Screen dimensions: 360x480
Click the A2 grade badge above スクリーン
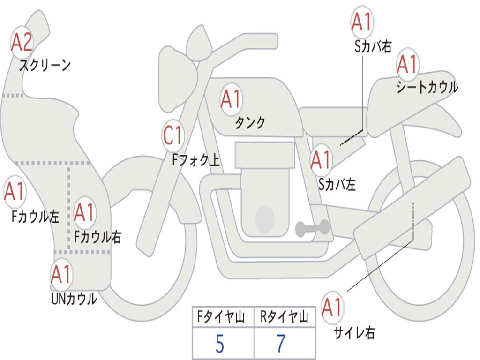click(22, 42)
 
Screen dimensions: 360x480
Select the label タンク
click(250, 122)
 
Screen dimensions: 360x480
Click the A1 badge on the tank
click(231, 99)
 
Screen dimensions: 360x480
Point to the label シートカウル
click(427, 87)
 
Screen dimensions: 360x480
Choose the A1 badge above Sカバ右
click(362, 22)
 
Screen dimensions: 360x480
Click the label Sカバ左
click(337, 184)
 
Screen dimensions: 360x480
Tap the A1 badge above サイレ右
click(332, 307)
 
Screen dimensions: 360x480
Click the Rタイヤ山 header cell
click(285, 318)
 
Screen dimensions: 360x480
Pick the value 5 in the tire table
click(219, 344)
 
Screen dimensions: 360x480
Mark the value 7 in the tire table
click(281, 344)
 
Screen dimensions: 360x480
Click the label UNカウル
click(74, 299)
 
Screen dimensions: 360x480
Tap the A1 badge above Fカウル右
click(84, 213)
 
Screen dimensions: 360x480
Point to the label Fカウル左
click(35, 217)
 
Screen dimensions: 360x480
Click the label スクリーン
click(45, 65)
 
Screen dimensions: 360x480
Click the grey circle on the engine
click(264, 218)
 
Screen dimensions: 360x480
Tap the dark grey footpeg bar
click(312, 228)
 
